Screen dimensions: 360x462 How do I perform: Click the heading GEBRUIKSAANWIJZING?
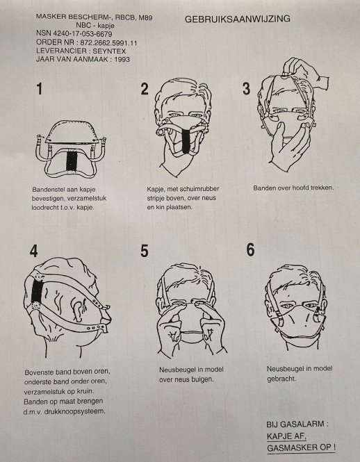pos(238,19)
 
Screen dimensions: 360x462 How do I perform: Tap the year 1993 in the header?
pos(122,59)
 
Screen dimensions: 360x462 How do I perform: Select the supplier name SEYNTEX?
pos(109,51)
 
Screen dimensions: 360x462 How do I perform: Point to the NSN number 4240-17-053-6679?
pos(83,34)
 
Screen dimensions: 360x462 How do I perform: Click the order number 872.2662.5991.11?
pos(108,42)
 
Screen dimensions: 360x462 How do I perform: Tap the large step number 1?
pos(40,89)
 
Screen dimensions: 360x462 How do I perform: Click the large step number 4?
pos(33,251)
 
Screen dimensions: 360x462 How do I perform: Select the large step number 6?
pos(250,250)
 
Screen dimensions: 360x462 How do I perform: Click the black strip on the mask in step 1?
pos(71,161)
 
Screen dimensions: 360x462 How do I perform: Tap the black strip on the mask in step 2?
pos(186,142)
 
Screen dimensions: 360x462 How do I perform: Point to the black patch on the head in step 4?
pos(37,291)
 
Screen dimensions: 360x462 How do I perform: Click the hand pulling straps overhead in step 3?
pos(305,71)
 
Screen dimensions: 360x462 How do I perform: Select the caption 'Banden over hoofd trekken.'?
pos(293,188)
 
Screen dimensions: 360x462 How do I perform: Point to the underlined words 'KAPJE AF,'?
pos(286,436)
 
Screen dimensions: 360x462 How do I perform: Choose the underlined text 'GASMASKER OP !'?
pos(301,448)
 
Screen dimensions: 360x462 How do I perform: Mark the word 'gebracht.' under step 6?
pos(281,379)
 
